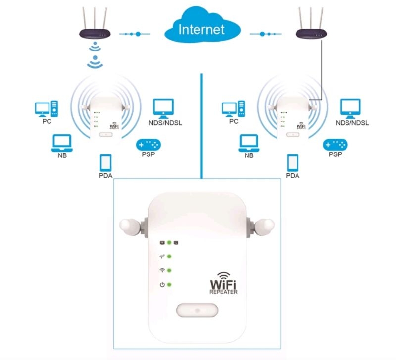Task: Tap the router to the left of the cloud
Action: pyautogui.click(x=95, y=33)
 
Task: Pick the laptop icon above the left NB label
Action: pyautogui.click(x=62, y=143)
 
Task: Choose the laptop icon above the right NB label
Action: pyautogui.click(x=249, y=143)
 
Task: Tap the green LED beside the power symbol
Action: pyautogui.click(x=169, y=285)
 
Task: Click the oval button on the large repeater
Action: pyautogui.click(x=197, y=311)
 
